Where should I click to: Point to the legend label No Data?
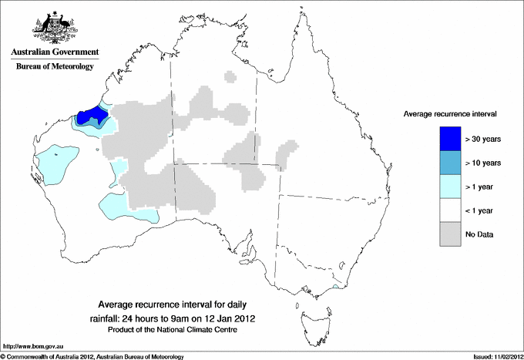(479, 234)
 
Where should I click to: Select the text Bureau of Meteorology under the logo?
(55, 67)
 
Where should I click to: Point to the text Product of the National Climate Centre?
(172, 330)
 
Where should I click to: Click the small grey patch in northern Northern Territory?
(230, 76)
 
